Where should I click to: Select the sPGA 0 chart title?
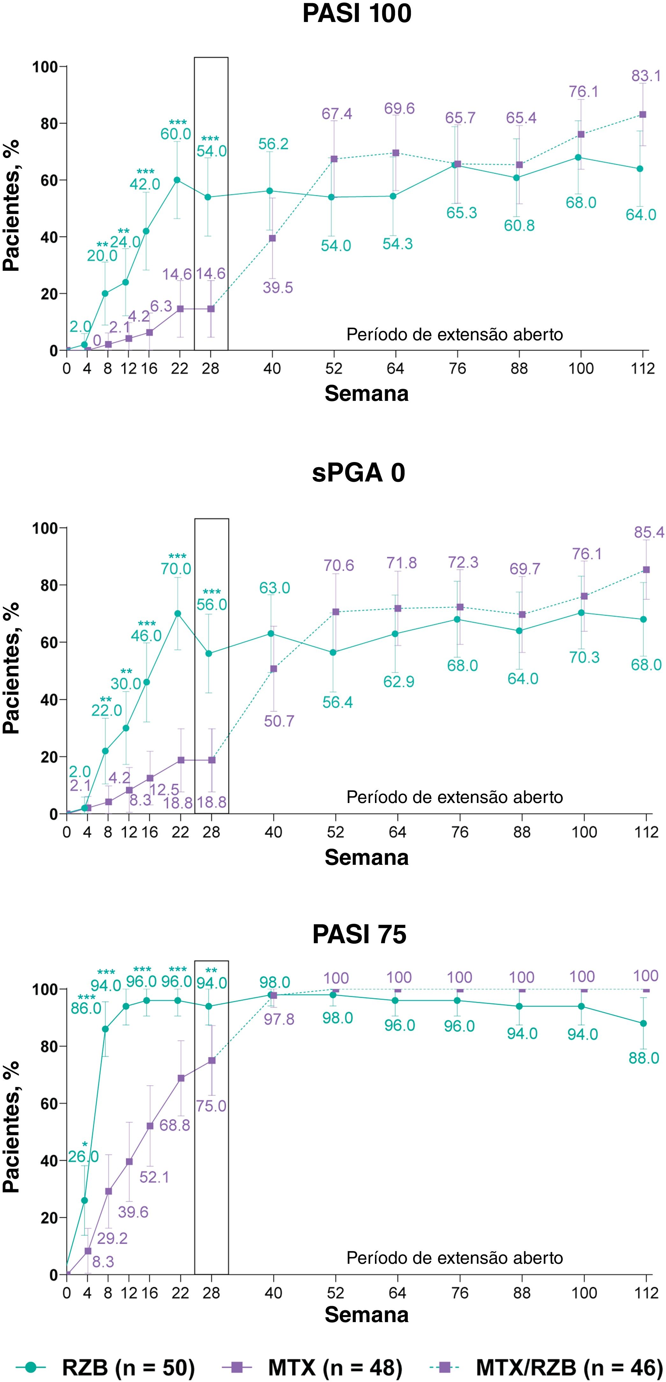point(358,473)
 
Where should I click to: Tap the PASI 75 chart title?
point(359,934)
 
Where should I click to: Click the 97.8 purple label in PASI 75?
point(279,1019)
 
